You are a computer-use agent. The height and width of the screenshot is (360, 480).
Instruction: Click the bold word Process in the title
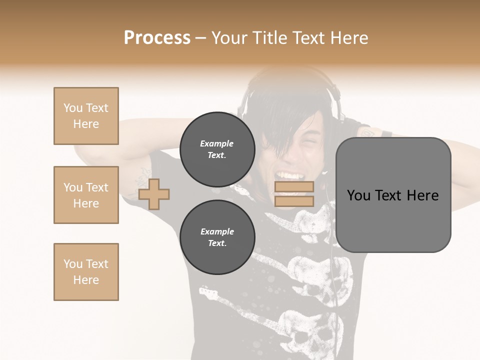coord(157,38)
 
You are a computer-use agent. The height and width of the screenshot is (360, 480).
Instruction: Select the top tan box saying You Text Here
coord(86,116)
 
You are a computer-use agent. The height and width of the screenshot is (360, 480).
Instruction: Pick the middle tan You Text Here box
coord(86,195)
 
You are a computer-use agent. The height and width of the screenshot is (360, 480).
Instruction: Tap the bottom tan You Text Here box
coord(86,272)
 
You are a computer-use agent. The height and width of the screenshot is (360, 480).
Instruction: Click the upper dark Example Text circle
coord(217,149)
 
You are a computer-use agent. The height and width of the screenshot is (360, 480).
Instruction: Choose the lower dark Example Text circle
coord(217,237)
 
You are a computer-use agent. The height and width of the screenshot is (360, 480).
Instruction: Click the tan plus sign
coord(154,194)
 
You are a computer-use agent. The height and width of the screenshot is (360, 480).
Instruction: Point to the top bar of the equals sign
coord(294,187)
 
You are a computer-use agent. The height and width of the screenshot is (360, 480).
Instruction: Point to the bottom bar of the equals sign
coord(294,201)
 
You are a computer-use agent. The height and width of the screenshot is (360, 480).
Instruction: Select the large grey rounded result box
coord(393,195)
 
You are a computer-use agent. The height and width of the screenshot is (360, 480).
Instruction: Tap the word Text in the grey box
coord(392,195)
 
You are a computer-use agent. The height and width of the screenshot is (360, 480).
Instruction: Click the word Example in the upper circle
coord(217,143)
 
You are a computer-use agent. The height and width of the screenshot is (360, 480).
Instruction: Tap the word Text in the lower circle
coord(217,243)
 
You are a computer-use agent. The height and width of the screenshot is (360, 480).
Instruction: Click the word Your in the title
coord(230,38)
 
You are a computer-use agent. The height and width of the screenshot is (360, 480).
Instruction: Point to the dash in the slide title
coord(200,38)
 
